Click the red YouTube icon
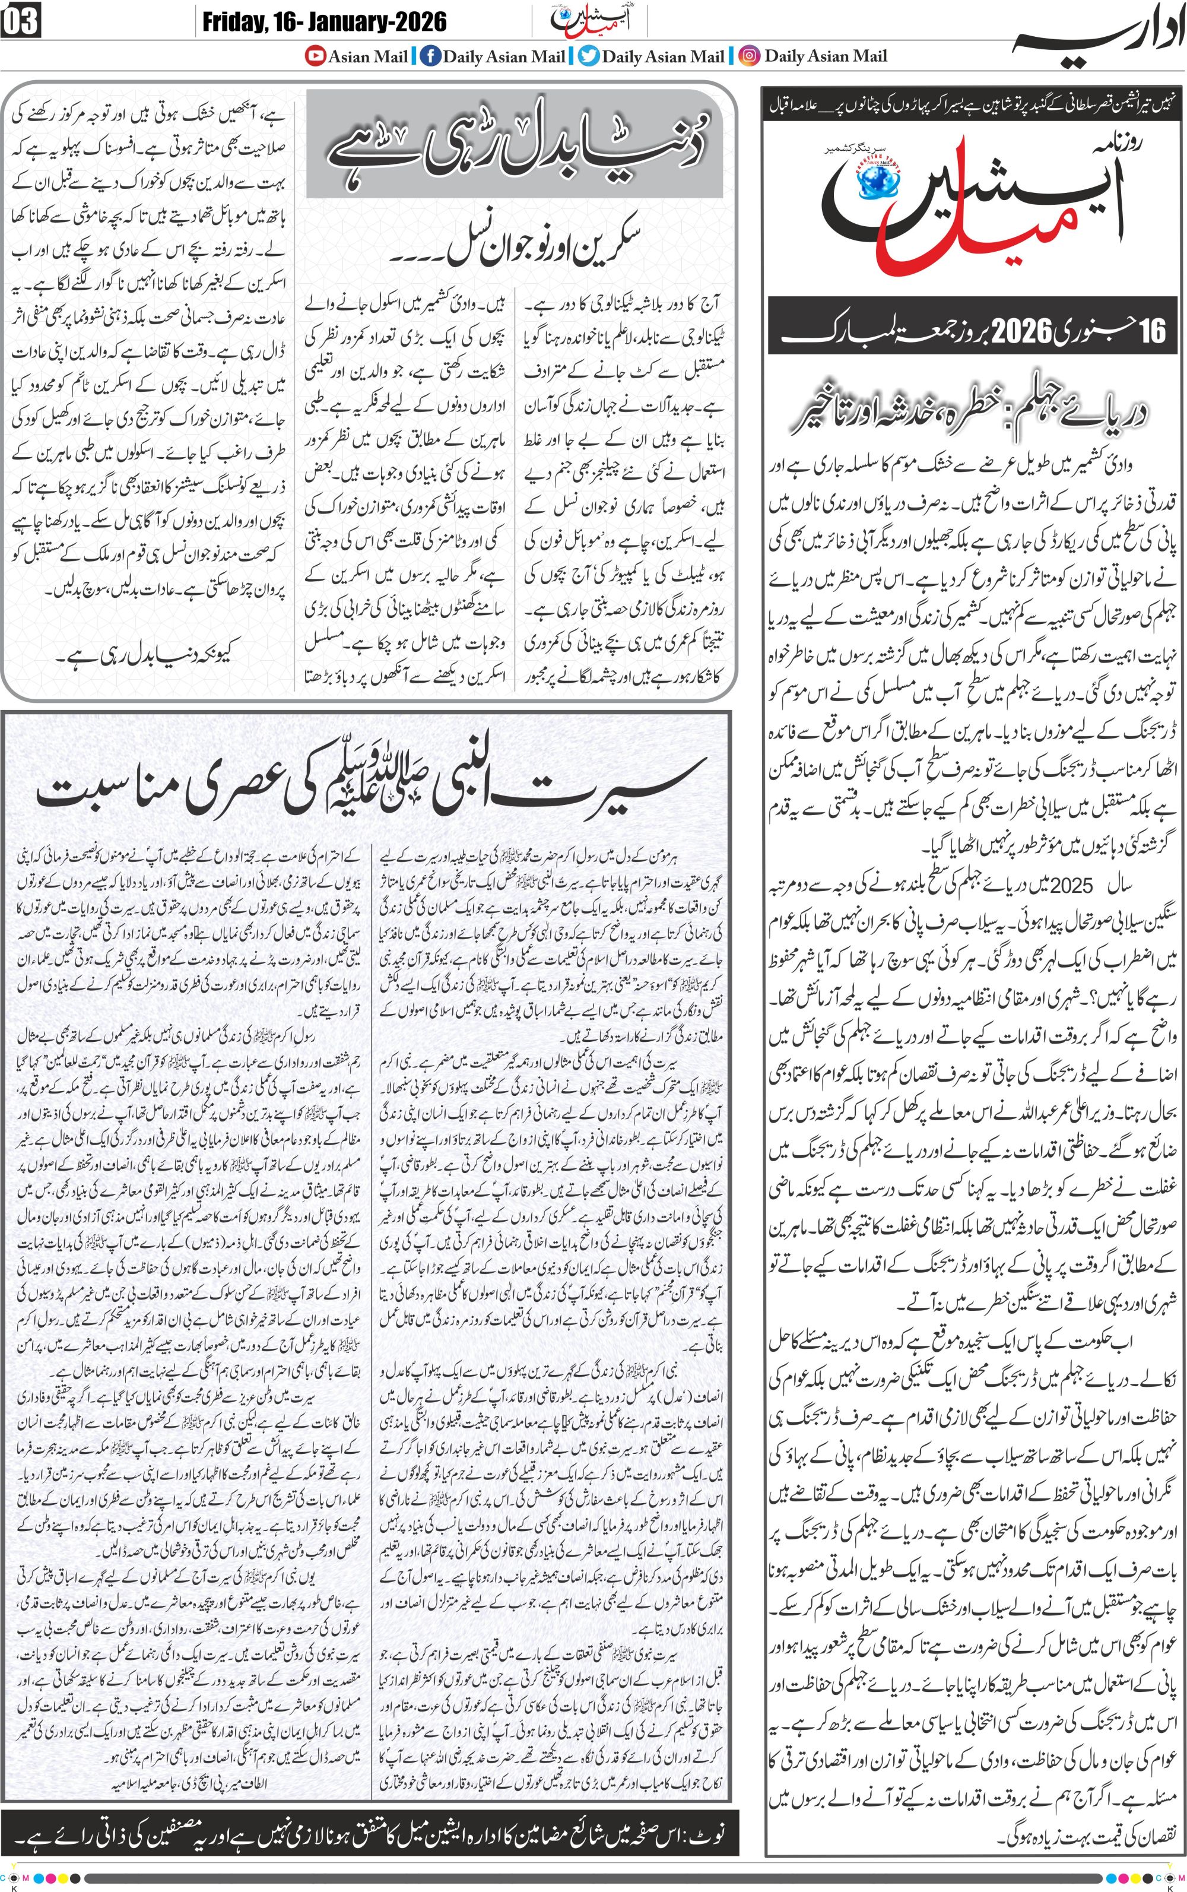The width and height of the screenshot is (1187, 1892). [x=316, y=56]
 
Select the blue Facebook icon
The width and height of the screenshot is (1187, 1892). [x=430, y=56]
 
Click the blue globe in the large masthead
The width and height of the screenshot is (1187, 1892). [x=878, y=180]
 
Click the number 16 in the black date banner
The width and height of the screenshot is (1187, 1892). [x=1151, y=331]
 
